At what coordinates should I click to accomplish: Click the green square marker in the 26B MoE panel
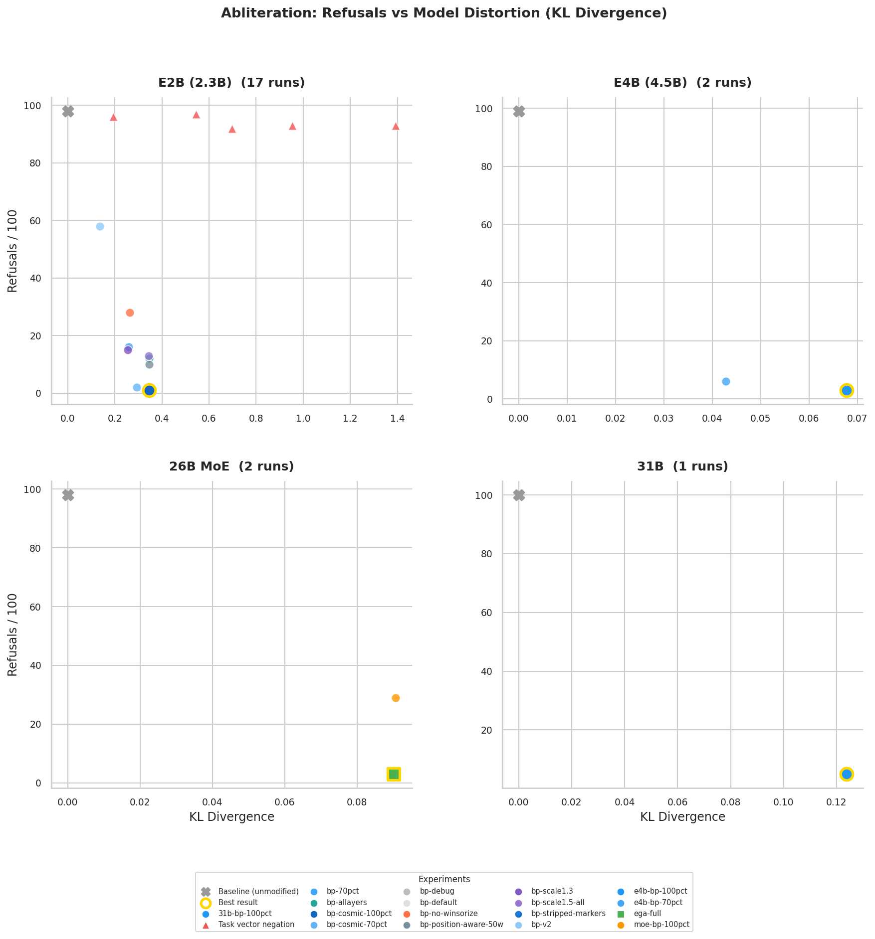(x=394, y=774)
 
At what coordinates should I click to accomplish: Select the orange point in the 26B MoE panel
(x=396, y=698)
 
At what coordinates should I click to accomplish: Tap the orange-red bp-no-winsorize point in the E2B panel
(x=130, y=313)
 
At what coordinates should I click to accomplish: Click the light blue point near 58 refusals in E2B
(x=100, y=226)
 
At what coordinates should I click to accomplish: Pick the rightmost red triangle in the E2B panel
(x=396, y=126)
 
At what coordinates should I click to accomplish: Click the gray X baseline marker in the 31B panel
(x=519, y=495)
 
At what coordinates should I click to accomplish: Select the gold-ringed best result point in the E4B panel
(x=847, y=390)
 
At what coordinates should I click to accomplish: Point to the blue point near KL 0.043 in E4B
(x=726, y=381)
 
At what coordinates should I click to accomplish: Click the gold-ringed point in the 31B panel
(x=847, y=774)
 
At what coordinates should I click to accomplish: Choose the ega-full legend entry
(x=647, y=914)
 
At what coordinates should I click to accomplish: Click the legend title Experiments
(x=444, y=879)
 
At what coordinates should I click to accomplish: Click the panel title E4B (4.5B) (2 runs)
(x=682, y=83)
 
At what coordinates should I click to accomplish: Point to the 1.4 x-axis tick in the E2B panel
(x=397, y=418)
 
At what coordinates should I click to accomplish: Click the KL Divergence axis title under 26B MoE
(x=231, y=817)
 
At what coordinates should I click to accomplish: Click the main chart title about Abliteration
(x=443, y=13)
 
